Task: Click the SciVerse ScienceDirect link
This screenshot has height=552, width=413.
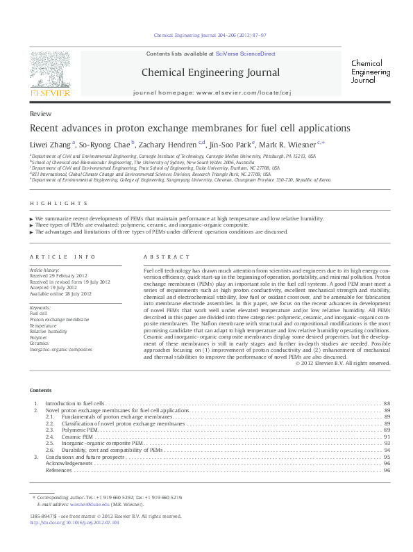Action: (246, 54)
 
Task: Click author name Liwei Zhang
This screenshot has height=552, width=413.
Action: (50, 145)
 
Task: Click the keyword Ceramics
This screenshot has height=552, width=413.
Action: (40, 343)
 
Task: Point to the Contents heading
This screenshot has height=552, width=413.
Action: (41, 390)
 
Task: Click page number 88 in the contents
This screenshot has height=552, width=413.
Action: (387, 403)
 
